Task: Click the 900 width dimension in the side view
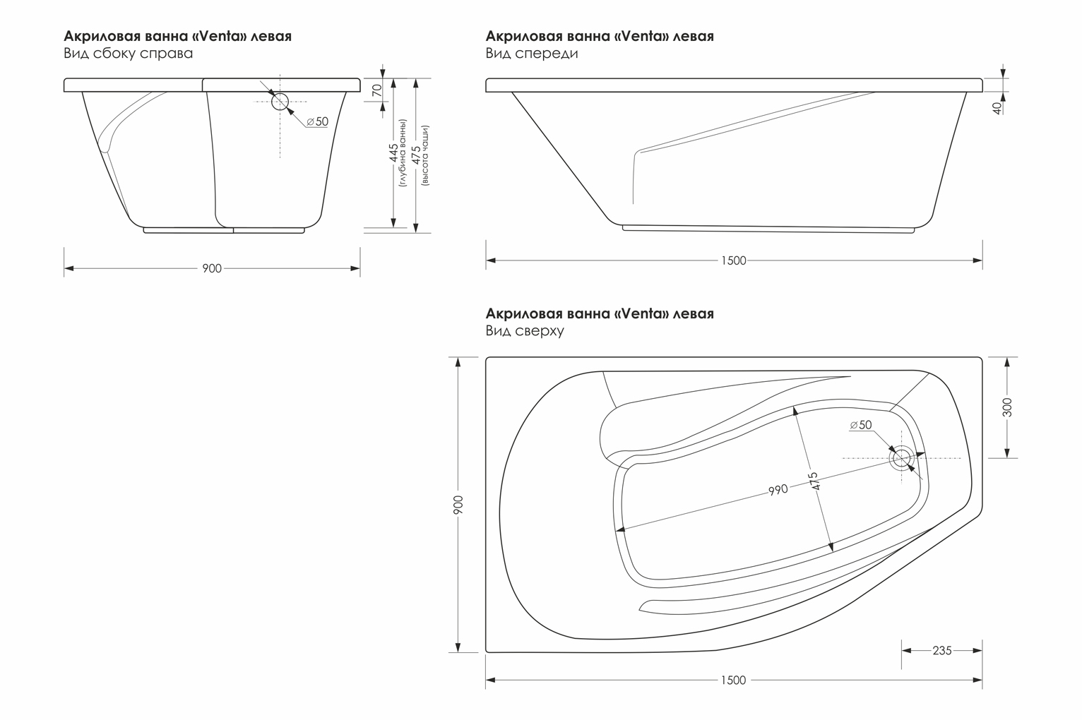(x=212, y=268)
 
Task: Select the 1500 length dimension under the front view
(x=734, y=260)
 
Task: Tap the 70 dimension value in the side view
(x=377, y=90)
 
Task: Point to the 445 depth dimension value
(x=393, y=152)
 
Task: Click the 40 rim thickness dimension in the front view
(x=997, y=109)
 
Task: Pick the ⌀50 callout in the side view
(x=317, y=121)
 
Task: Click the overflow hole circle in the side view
(x=280, y=102)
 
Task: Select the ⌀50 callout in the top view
(x=861, y=425)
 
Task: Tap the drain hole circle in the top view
(x=901, y=458)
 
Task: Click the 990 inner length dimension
(x=778, y=490)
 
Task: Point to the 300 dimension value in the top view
(x=1007, y=407)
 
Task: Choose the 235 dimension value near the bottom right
(x=942, y=650)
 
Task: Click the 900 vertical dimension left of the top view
(x=458, y=505)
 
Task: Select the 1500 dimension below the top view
(x=734, y=680)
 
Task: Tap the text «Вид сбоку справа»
(x=128, y=53)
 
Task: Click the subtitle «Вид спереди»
(x=532, y=53)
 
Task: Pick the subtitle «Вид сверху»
(x=525, y=331)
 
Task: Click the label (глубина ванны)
(x=403, y=152)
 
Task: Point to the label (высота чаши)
(x=425, y=155)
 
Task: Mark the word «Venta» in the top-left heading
(x=222, y=36)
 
